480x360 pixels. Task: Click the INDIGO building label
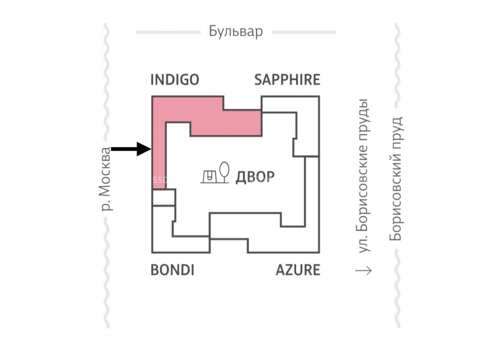[174, 80]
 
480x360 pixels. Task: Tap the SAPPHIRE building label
[287, 80]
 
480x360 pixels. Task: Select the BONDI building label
[172, 270]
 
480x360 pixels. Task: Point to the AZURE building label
[298, 270]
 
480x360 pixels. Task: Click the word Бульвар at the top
[236, 32]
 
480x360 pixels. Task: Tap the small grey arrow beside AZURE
[363, 271]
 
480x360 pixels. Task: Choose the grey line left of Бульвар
[168, 33]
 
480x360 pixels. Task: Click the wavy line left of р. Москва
[107, 96]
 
